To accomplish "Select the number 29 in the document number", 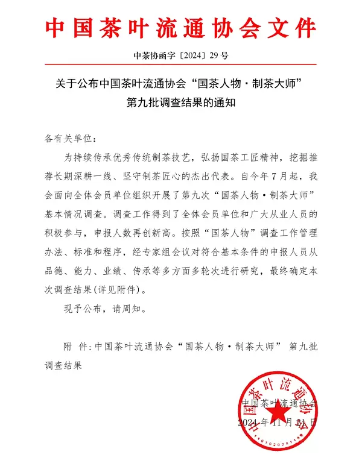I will coord(212,56).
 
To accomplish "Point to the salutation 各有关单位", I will coord(66,138).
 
